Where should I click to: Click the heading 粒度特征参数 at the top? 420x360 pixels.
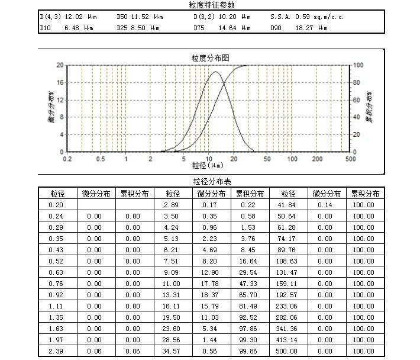pyautogui.click(x=210, y=5)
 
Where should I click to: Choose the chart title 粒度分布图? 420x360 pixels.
pyautogui.click(x=210, y=58)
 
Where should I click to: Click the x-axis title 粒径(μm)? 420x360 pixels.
pyautogui.click(x=209, y=165)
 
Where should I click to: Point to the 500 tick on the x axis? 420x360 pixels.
pyautogui.click(x=350, y=159)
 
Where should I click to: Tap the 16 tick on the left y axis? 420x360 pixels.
pyautogui.click(x=60, y=82)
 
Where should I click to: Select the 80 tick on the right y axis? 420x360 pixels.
pyautogui.click(x=357, y=82)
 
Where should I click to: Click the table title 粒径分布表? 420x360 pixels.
pyautogui.click(x=210, y=181)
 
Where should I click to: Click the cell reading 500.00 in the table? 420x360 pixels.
pyautogui.click(x=289, y=352)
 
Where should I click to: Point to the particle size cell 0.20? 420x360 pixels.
pyautogui.click(x=57, y=205)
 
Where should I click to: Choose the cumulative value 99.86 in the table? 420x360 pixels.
pyautogui.click(x=250, y=352)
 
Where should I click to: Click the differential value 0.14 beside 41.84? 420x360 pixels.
pyautogui.click(x=327, y=205)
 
